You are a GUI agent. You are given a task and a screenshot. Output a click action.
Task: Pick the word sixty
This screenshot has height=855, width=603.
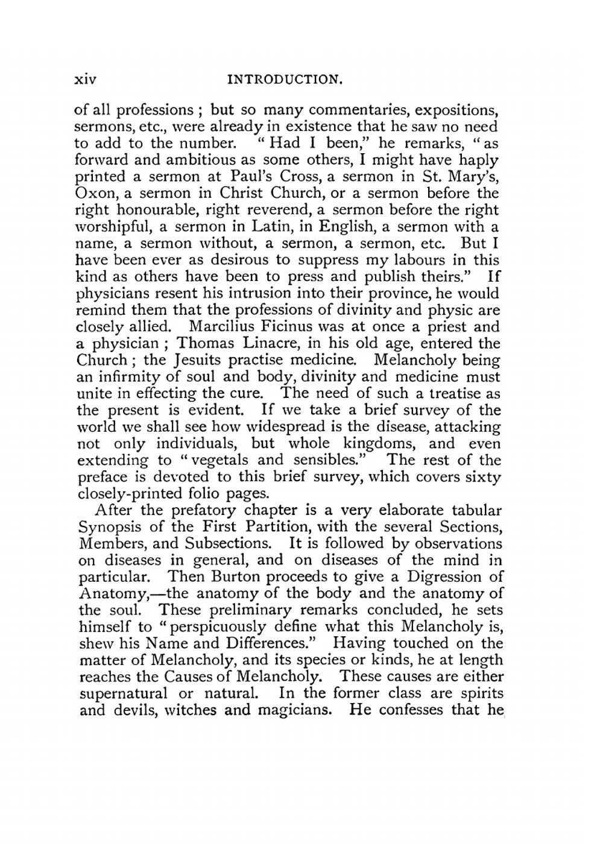click(483, 477)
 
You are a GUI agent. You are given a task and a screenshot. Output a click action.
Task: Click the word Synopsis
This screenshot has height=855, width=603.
click(110, 528)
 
